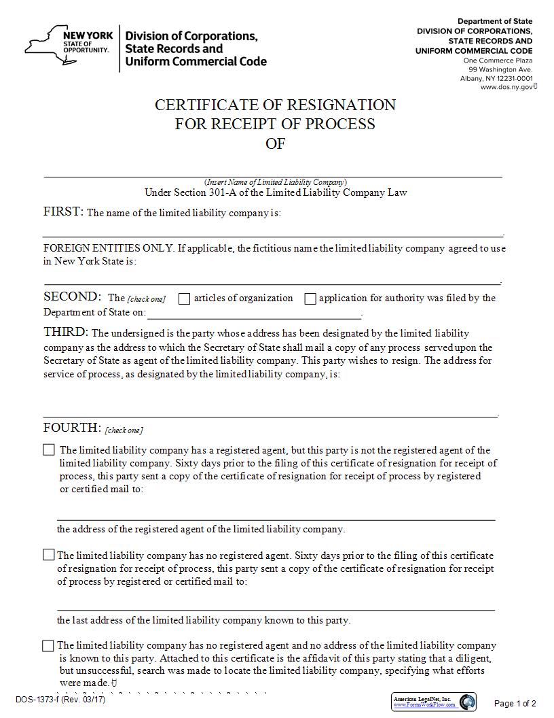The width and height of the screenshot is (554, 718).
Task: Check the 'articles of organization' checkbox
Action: (184, 298)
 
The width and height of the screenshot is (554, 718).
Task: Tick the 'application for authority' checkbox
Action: (310, 298)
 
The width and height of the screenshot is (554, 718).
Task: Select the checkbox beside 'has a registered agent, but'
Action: (49, 449)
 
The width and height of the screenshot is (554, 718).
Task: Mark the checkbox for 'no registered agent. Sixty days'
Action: (48, 555)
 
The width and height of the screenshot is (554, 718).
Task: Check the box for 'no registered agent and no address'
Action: (48, 645)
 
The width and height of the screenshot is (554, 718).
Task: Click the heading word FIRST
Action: (63, 211)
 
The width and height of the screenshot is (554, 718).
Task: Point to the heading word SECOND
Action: (72, 296)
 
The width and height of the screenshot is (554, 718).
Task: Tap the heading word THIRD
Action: (66, 332)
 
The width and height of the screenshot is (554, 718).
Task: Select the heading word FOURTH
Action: (72, 428)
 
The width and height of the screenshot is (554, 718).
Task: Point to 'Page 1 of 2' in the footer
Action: (515, 703)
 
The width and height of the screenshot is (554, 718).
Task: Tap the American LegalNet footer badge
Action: (433, 702)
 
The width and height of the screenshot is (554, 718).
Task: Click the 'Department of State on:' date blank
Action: (254, 313)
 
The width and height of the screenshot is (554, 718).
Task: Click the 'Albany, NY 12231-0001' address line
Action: (496, 78)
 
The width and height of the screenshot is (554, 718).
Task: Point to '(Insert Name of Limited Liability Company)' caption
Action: (276, 182)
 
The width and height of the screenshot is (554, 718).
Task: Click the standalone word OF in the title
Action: (275, 143)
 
